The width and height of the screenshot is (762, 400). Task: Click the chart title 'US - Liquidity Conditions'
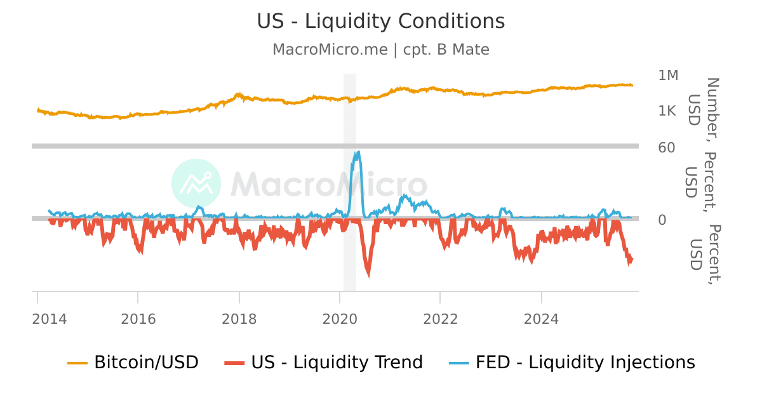tap(381, 21)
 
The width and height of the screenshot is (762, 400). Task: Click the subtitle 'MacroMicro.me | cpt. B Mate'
tap(381, 50)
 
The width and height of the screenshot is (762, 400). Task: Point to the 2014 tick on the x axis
tap(49, 319)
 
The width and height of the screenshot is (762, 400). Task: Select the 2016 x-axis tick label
tap(138, 319)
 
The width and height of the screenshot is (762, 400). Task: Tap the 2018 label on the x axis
tap(239, 319)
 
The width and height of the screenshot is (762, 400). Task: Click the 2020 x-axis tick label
tap(340, 319)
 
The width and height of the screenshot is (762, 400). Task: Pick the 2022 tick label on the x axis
tap(440, 319)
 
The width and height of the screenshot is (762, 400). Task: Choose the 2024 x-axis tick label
tap(541, 319)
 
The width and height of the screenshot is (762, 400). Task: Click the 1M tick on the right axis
tap(668, 76)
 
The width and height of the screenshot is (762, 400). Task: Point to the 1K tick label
tap(668, 111)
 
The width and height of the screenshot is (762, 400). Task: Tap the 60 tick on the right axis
tap(667, 147)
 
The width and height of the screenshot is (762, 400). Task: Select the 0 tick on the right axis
tap(662, 220)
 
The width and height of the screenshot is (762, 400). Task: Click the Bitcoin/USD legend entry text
tap(146, 363)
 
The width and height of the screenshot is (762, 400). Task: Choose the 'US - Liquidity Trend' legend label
tap(337, 363)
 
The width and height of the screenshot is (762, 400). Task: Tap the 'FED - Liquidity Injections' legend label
tap(585, 363)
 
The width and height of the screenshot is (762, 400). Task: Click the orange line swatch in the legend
tap(77, 363)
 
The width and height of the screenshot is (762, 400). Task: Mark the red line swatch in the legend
tap(234, 363)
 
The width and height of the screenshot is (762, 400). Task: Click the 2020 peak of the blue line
tap(358, 152)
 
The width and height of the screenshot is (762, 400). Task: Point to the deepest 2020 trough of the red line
tap(368, 274)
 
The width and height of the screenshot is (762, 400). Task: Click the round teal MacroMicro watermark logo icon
tap(196, 183)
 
